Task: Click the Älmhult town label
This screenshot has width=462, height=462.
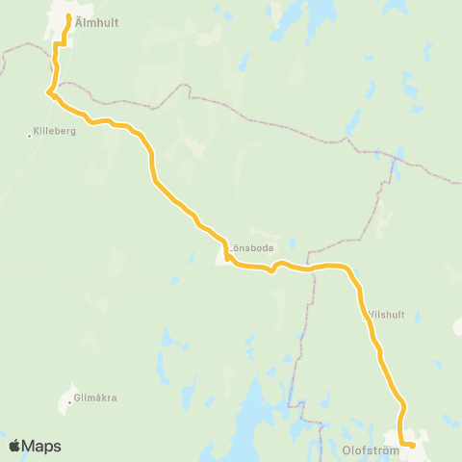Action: click(95, 24)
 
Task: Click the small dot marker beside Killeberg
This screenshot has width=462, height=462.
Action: click(30, 136)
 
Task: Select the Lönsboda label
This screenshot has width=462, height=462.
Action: click(251, 247)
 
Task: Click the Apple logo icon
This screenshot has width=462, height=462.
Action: click(14, 446)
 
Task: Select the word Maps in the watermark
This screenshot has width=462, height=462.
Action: click(42, 446)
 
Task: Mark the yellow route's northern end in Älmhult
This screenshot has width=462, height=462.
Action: click(68, 16)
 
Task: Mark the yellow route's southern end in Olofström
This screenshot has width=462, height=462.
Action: click(412, 445)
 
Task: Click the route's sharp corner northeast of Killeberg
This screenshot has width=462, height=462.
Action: click(47, 92)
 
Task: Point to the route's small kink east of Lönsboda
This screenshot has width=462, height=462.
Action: click(272, 269)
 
